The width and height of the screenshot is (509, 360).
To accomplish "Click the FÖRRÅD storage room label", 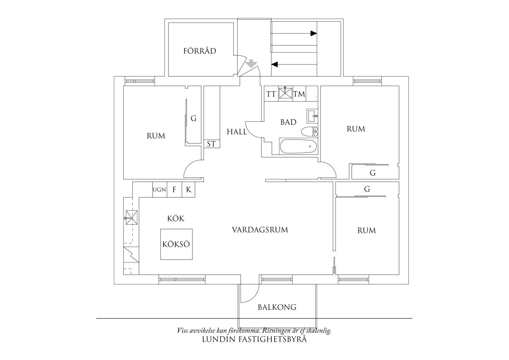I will [200, 51].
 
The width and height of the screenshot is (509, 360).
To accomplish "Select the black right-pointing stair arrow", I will [313, 33].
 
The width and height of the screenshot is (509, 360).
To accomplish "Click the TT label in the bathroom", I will [271, 94].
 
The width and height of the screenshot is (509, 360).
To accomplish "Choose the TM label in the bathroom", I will [299, 94].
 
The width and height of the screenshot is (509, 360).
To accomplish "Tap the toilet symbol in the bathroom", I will [310, 132].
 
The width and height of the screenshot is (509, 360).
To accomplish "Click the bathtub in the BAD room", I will [298, 146].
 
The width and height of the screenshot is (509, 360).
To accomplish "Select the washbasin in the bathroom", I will [313, 116].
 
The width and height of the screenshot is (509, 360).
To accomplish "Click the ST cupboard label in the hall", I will [211, 144].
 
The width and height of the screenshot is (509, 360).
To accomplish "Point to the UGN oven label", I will [159, 190].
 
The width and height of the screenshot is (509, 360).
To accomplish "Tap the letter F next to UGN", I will [174, 190].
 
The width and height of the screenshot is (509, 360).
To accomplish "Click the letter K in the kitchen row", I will [189, 190].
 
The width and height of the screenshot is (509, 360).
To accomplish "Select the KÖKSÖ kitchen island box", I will [176, 244].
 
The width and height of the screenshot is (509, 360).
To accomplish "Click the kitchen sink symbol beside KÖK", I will [131, 217].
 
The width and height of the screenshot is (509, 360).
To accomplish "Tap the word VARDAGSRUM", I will [260, 230].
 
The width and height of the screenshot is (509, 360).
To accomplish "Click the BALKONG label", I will [277, 307].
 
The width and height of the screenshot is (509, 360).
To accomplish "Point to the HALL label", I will [237, 132].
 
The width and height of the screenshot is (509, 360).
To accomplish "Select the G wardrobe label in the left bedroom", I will [194, 118].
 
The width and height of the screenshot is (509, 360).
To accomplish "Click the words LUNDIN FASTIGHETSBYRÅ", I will [254, 339].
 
